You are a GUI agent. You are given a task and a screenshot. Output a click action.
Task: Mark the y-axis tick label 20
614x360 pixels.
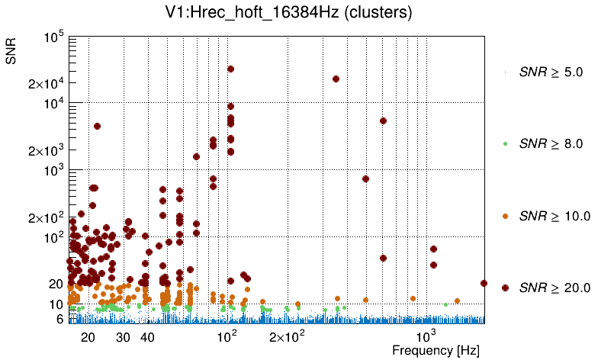[56, 284]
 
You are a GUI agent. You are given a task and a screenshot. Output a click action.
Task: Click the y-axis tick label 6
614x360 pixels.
[59, 320]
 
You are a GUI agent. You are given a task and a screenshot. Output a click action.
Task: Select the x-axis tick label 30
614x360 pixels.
[123, 337]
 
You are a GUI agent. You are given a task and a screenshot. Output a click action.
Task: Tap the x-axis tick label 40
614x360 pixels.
[148, 337]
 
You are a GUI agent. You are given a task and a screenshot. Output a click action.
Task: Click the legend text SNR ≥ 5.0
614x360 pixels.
[551, 72]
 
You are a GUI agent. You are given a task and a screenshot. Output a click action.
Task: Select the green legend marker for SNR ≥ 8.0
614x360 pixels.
[506, 144]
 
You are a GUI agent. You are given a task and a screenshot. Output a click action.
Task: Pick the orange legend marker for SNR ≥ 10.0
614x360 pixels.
[506, 216]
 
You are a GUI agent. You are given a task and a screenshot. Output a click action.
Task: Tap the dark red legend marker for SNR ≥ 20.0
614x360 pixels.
[506, 288]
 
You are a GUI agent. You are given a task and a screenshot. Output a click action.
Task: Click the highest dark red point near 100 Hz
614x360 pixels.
[230, 69]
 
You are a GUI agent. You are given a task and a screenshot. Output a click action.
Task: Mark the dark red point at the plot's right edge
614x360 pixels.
[484, 283]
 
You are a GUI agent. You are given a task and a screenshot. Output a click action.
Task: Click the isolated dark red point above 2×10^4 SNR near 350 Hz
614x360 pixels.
[336, 79]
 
